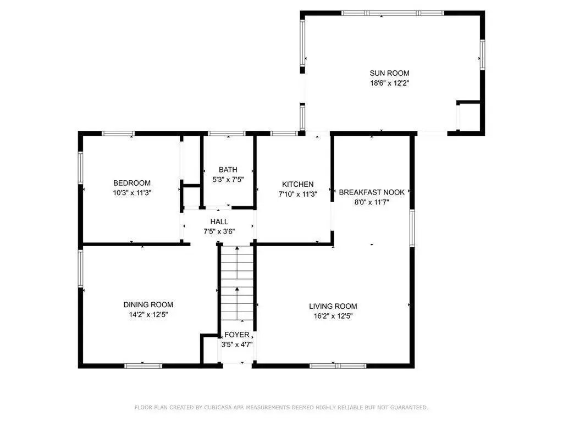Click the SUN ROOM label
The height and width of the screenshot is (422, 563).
(390, 73)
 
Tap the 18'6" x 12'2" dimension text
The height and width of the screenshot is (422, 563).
(390, 84)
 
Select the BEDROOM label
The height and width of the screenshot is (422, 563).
(132, 183)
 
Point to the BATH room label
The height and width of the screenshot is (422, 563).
(228, 170)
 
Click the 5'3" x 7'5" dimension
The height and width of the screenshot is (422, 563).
(228, 180)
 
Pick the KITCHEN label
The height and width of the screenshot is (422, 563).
(297, 185)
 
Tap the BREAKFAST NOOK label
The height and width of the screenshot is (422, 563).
(372, 192)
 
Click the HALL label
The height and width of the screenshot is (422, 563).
(219, 222)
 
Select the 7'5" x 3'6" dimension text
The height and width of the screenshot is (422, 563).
(219, 231)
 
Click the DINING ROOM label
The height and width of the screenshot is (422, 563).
(148, 304)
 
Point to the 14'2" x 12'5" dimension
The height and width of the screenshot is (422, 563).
(148, 315)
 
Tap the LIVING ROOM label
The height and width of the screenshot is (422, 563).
(333, 306)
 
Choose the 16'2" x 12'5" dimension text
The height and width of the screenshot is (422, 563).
(333, 316)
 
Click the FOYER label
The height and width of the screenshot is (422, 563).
(236, 335)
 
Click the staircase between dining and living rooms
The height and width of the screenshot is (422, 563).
(236, 283)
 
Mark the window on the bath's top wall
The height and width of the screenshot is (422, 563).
(227, 134)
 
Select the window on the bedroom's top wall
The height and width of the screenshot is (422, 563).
(118, 134)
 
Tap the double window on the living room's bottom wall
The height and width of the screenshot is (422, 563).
(338, 366)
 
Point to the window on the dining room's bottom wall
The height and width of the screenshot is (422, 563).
(143, 366)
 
